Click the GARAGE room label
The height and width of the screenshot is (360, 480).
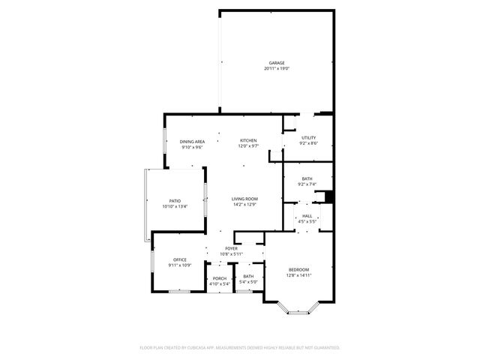click(277, 63)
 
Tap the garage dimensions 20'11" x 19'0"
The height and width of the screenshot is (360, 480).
click(277, 68)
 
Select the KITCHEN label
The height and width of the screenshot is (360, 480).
click(248, 141)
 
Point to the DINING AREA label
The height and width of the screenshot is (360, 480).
click(193, 142)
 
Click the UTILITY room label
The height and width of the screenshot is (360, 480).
click(308, 138)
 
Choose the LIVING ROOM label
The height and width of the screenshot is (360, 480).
click(244, 199)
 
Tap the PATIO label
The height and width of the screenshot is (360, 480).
click(175, 201)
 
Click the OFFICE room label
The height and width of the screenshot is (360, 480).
click(180, 259)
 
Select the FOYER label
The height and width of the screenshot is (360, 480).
click(231, 248)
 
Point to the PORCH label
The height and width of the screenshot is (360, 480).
click(219, 277)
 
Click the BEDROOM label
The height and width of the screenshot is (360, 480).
click(298, 270)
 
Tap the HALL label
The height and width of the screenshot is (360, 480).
click(307, 216)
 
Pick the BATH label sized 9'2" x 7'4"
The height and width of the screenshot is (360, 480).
click(307, 178)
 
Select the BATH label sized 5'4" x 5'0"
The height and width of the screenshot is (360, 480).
click(248, 277)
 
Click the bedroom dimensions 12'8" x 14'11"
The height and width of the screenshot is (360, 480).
click(298, 275)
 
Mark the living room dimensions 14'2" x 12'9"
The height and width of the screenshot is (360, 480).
click(244, 204)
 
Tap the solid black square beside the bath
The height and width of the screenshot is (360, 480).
click(328, 197)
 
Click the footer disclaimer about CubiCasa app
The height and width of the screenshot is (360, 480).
click(240, 347)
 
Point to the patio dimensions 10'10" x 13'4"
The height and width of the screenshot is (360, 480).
click(175, 206)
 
